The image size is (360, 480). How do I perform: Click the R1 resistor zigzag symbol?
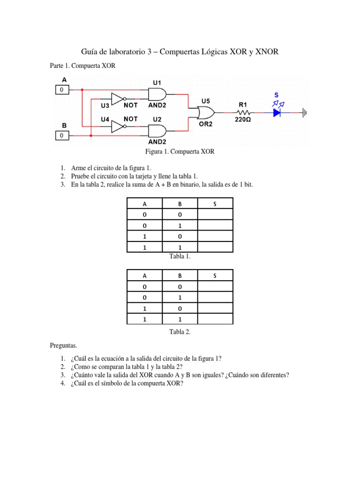[x=244, y=112]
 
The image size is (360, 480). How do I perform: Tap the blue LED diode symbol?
[x=277, y=112]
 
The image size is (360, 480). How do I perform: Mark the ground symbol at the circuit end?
[x=305, y=112]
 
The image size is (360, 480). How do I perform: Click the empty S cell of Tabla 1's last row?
[x=215, y=247]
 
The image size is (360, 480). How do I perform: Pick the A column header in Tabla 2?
[x=144, y=275]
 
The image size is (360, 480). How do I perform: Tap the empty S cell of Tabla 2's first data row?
[x=215, y=286]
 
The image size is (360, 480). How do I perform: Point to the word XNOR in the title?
[x=267, y=52]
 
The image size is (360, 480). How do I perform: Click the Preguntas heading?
[x=63, y=345]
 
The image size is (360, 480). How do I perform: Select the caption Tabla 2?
[x=180, y=331]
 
